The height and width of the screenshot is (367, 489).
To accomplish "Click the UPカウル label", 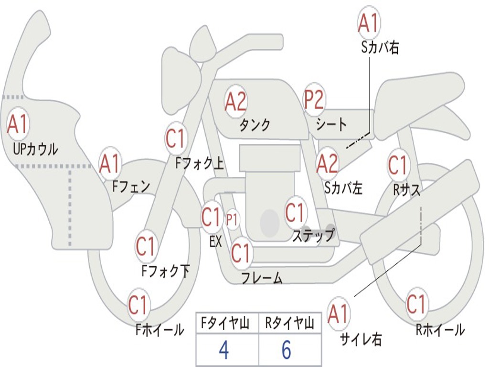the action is pos(35,149).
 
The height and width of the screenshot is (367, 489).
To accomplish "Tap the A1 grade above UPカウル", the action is pos(18,124).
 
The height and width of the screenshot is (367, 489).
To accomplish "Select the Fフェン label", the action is pos(131,186).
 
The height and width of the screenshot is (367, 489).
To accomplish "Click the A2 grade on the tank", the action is pos(235,101).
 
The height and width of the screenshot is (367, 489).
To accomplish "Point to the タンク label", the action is pos(255,125).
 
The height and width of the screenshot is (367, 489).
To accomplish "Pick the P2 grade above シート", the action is pos(314,100).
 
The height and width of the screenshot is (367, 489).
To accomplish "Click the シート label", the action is pos(331,125).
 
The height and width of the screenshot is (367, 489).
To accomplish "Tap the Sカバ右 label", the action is pos(380,47).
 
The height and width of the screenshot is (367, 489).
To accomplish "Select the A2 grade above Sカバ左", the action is pos(328,163).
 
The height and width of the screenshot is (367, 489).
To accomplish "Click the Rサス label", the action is pos(407,190).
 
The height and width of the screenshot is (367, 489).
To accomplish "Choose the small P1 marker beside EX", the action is pos(232,220).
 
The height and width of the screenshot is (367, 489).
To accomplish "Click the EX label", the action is pos(216,241).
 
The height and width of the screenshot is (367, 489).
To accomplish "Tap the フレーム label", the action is pos(262,278).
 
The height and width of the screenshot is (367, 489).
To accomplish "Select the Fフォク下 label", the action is pos(165,271).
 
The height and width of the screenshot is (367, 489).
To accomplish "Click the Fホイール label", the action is pos(159,329).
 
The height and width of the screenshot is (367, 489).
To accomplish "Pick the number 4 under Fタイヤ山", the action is pos(223,350).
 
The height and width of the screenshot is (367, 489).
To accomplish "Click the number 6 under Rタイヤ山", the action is pos(286,350).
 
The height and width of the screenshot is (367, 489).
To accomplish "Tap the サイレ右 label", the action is pos(361,339).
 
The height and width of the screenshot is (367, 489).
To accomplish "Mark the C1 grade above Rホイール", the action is pos(416,304).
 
